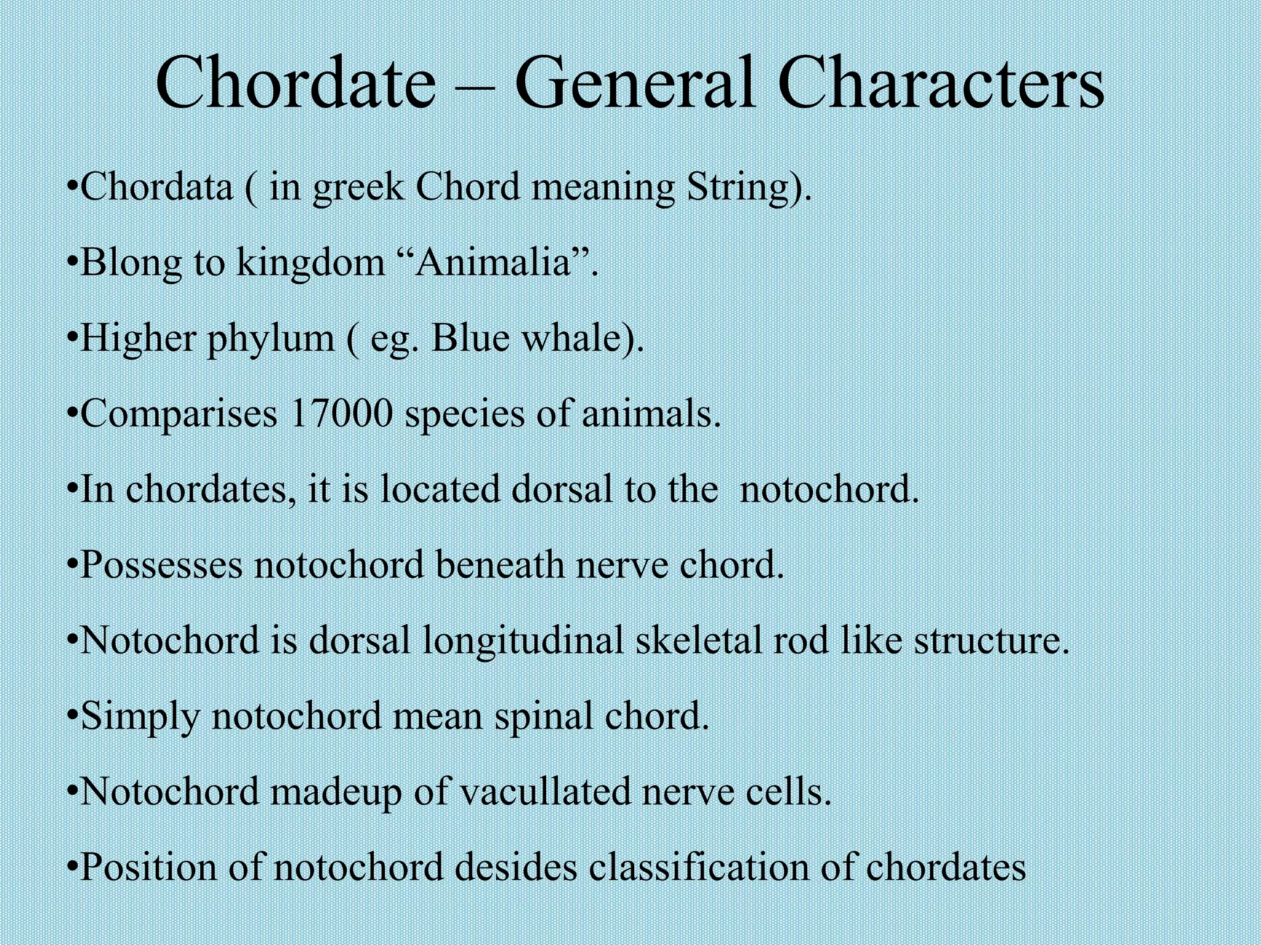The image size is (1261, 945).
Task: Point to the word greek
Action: (x=357, y=188)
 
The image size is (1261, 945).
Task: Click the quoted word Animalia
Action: (x=494, y=263)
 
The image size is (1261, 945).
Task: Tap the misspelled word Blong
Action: (x=131, y=263)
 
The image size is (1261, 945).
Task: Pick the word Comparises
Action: (x=179, y=414)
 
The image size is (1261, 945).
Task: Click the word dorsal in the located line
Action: (x=562, y=490)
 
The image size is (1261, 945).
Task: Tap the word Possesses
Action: (x=162, y=565)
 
